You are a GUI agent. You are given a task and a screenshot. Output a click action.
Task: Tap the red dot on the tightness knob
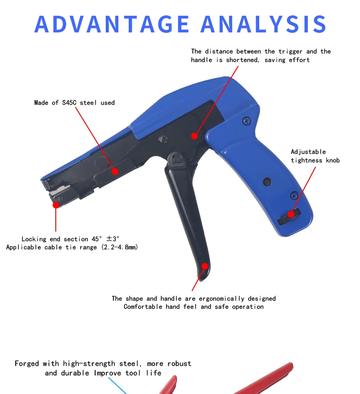292,214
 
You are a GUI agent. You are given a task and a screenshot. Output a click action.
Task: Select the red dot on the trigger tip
205,266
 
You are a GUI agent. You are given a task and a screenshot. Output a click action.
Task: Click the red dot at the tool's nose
56,205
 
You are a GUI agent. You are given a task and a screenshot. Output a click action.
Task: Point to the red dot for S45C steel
115,171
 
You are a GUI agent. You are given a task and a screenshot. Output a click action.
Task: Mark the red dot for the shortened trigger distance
194,135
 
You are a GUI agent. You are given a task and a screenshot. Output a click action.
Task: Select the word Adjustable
308,152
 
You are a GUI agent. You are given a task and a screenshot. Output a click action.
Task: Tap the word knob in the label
332,160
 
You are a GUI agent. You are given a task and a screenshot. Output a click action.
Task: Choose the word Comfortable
143,307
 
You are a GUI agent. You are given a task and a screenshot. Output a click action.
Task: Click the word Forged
27,363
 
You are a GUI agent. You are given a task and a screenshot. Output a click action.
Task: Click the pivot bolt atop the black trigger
175,158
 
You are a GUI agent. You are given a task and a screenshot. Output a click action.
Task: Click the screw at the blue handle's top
245,121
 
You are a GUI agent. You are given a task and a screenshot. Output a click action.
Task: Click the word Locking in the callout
35,239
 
